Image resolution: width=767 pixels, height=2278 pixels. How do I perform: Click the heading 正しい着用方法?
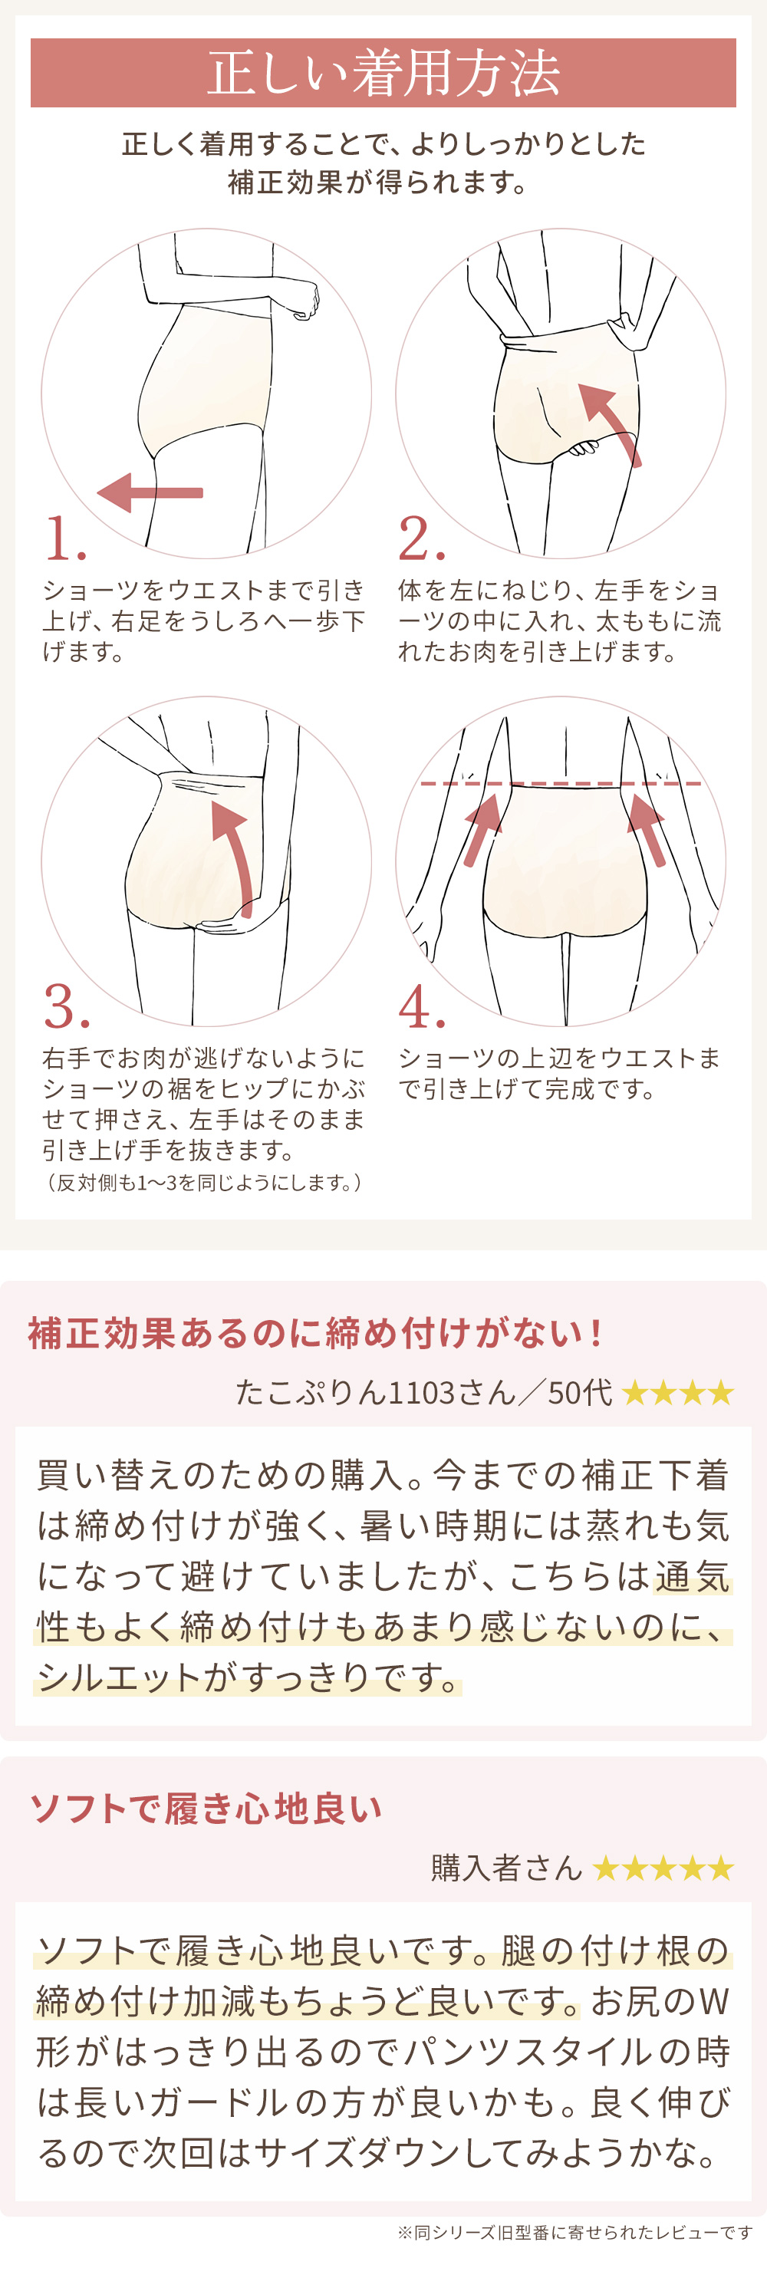(x=383, y=73)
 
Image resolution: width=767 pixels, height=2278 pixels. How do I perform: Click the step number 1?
(x=64, y=538)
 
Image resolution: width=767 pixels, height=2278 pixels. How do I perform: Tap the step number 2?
(x=420, y=538)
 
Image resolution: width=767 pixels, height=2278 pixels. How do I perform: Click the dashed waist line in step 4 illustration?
(x=561, y=784)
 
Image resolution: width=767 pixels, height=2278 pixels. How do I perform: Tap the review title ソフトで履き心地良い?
(x=206, y=1809)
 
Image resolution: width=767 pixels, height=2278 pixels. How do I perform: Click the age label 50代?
(x=579, y=1393)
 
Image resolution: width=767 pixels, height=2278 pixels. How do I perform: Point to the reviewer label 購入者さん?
(x=506, y=1868)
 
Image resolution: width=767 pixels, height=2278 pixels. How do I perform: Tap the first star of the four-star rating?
(x=635, y=1394)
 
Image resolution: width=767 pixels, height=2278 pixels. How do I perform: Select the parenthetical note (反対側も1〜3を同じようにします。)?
(x=203, y=1182)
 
